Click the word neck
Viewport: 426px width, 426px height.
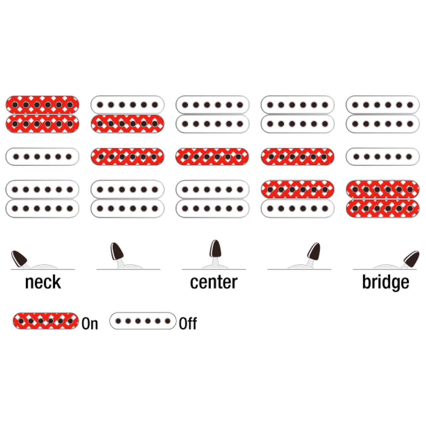pyautogui.click(x=43, y=282)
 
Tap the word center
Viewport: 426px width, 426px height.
pyautogui.click(x=214, y=282)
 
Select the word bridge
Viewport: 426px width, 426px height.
pyautogui.click(x=385, y=282)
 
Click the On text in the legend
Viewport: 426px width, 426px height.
pyautogui.click(x=90, y=323)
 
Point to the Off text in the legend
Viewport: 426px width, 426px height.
pyautogui.click(x=188, y=323)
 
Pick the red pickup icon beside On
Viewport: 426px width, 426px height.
pyautogui.click(x=46, y=321)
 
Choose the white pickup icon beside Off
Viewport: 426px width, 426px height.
pyautogui.click(x=142, y=321)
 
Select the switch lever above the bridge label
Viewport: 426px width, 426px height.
pyautogui.click(x=411, y=259)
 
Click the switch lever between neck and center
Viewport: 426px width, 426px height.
pyautogui.click(x=117, y=252)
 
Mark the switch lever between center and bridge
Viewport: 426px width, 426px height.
pyautogui.click(x=314, y=252)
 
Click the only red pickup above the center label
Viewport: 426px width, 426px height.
pyautogui.click(x=212, y=157)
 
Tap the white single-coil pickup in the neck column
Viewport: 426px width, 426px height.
pyautogui.click(x=42, y=157)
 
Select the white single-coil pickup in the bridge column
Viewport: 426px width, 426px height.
pyautogui.click(x=383, y=157)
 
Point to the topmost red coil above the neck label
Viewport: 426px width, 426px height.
pyautogui.click(x=42, y=105)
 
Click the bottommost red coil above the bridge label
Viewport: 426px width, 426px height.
pyautogui.click(x=383, y=209)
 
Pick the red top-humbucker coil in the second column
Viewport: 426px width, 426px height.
pyautogui.click(x=127, y=124)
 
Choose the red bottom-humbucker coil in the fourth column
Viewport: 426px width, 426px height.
pyautogui.click(x=298, y=189)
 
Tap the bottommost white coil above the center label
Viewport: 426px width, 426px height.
pyautogui.click(x=212, y=209)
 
